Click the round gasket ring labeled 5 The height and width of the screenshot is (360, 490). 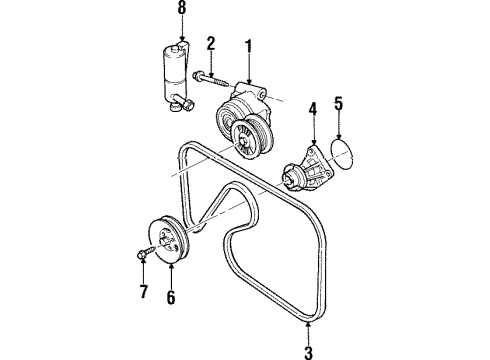(340, 149)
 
